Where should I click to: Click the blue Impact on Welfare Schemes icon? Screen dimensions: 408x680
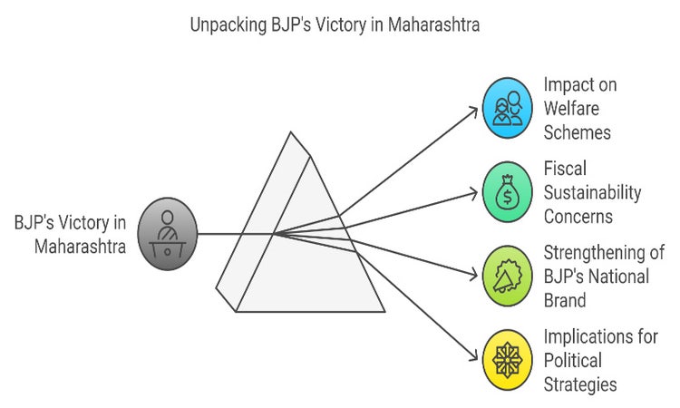(508, 108)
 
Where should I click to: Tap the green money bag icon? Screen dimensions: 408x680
(508, 192)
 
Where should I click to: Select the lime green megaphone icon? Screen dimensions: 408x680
(508, 275)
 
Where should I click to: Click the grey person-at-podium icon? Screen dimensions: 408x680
(166, 234)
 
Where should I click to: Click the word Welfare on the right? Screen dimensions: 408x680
(573, 108)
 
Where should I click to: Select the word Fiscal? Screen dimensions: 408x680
(566, 169)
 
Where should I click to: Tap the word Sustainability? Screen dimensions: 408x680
(592, 192)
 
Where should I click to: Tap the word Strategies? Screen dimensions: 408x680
(580, 384)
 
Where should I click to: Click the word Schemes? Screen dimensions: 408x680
(578, 132)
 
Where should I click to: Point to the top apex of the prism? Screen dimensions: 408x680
(290, 132)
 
